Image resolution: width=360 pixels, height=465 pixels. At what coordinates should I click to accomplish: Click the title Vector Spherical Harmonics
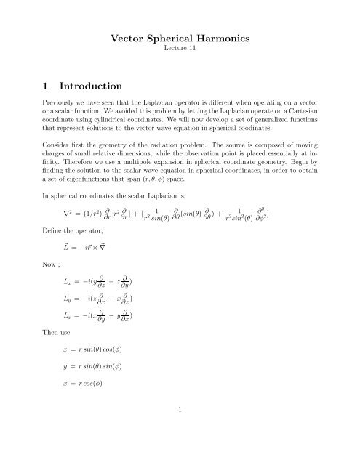180,39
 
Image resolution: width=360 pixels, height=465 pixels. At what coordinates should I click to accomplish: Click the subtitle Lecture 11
180,53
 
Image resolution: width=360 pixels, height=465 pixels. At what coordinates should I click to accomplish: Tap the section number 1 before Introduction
46,90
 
